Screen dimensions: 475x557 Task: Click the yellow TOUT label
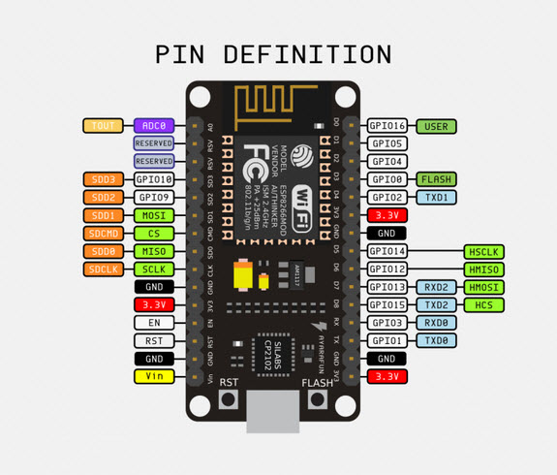click(x=103, y=126)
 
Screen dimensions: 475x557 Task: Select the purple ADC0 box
click(x=154, y=126)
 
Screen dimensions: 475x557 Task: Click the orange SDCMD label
click(x=103, y=233)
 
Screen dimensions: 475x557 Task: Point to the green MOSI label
click(x=154, y=215)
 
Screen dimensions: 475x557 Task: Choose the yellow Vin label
click(x=154, y=375)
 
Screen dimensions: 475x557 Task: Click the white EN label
click(x=154, y=322)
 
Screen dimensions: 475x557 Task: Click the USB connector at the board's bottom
click(x=275, y=412)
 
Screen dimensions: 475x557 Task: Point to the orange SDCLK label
click(x=103, y=269)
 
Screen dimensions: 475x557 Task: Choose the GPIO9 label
click(x=154, y=197)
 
